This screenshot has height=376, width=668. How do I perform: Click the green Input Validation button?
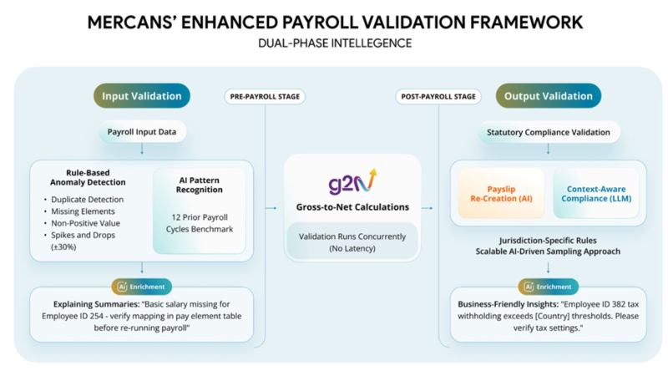point(141,96)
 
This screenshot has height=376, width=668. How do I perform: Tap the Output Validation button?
point(547,96)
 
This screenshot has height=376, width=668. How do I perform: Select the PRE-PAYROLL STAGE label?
point(264,96)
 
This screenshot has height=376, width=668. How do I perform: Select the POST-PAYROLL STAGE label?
point(438,96)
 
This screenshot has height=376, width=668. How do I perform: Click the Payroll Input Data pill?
point(142,132)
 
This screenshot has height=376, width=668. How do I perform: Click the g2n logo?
point(346,182)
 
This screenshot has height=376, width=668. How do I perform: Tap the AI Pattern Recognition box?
point(200,210)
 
